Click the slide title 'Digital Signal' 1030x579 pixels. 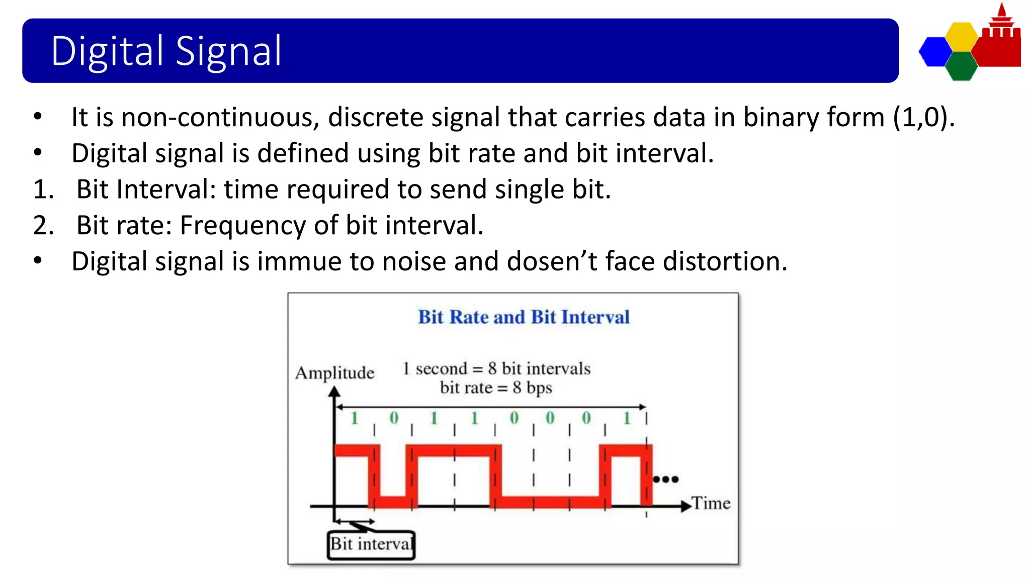click(166, 51)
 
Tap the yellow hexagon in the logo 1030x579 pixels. click(961, 37)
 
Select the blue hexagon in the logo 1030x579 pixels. click(935, 52)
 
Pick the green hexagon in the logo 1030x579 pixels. click(961, 66)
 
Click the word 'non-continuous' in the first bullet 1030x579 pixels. click(220, 117)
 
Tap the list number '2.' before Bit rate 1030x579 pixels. click(43, 225)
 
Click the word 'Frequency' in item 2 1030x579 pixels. click(242, 225)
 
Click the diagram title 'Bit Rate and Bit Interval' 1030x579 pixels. click(524, 317)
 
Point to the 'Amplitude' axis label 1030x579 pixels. click(335, 373)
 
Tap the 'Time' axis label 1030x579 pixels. click(711, 503)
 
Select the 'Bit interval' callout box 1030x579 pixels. click(371, 544)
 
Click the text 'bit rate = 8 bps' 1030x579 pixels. click(496, 388)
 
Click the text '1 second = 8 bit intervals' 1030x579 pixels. click(496, 368)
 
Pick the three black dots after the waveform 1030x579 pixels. click(665, 479)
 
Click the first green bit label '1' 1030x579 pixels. click(354, 418)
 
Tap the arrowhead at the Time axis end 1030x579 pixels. click(686, 506)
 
